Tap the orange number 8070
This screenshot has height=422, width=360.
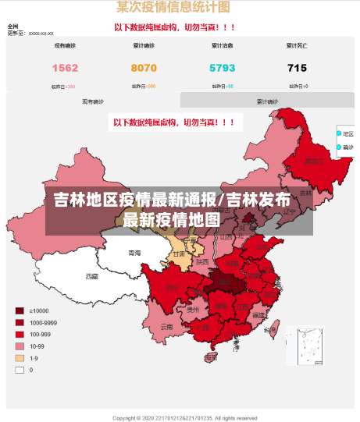[144, 68]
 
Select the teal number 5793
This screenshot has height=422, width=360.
[223, 68]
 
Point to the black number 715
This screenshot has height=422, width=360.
[297, 68]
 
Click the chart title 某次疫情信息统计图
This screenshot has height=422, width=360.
[173, 8]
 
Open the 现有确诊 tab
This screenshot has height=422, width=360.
[93, 101]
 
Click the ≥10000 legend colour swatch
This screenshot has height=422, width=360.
[20, 310]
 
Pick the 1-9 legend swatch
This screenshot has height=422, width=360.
[20, 358]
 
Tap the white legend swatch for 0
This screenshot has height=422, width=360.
[20, 370]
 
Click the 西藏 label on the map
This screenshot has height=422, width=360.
[92, 276]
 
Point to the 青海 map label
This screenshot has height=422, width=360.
[135, 254]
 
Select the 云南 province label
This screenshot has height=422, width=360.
[166, 327]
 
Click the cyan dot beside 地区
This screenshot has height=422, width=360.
[339, 133]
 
